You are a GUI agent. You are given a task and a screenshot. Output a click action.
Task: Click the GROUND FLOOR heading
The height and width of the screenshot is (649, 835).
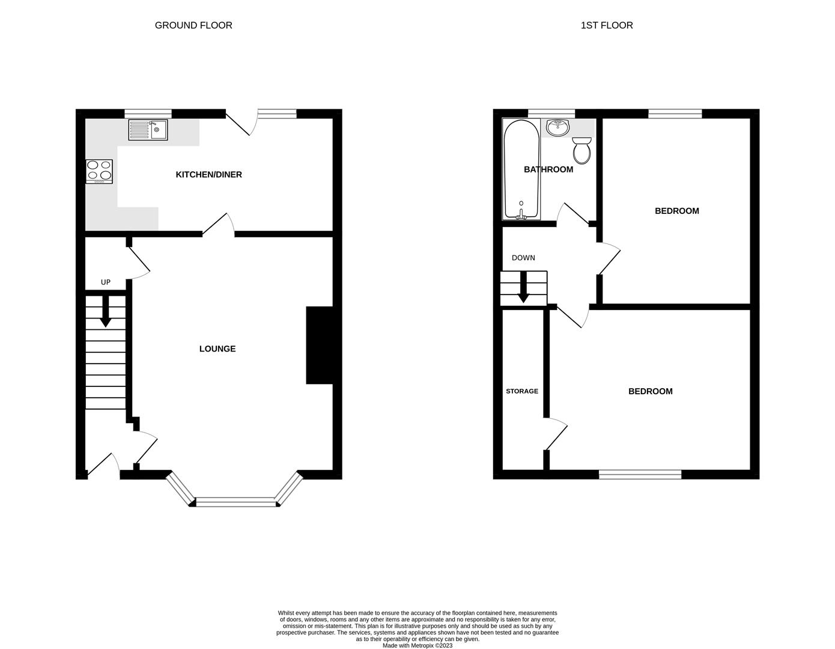click(x=193, y=25)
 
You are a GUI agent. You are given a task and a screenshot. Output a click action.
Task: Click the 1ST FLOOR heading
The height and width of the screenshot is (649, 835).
click(x=607, y=25)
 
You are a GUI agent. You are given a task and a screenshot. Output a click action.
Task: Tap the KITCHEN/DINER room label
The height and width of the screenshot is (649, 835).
click(x=208, y=175)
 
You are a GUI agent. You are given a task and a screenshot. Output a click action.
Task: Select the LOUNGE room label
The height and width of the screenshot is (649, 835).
click(x=217, y=349)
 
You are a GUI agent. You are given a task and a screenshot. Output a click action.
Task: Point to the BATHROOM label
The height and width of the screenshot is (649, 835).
click(x=548, y=169)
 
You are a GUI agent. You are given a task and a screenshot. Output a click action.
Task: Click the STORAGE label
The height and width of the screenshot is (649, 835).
click(x=522, y=391)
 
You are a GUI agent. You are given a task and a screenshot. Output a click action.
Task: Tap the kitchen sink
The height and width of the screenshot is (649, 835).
click(x=148, y=130)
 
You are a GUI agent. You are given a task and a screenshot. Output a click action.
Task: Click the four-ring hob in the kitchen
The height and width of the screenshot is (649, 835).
click(x=99, y=171)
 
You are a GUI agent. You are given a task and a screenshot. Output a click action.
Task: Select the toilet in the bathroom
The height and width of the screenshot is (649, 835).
click(x=582, y=150)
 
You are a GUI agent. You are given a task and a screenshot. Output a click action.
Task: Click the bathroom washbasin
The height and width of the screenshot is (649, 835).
click(x=558, y=127)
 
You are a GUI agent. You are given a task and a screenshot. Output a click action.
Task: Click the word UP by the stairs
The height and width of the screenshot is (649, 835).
click(x=106, y=282)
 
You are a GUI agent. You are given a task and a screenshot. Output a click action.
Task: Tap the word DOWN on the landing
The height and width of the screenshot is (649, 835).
click(x=523, y=258)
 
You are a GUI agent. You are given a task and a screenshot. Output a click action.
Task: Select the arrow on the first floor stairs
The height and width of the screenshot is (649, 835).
click(x=523, y=287)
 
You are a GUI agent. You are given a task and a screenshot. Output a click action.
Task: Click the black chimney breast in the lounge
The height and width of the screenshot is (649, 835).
click(x=319, y=345)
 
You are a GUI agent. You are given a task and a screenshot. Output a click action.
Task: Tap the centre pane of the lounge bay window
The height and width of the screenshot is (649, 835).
click(x=235, y=502)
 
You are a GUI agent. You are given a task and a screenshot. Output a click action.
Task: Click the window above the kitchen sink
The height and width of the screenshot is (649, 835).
click(x=148, y=113)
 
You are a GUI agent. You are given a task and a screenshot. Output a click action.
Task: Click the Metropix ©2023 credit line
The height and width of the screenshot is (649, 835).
click(x=417, y=646)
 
